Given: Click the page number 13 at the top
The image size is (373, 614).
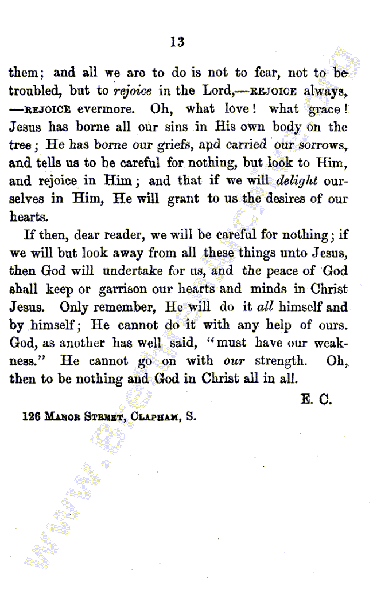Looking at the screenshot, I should tap(177, 42).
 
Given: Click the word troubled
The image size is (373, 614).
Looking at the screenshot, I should tap(35, 90).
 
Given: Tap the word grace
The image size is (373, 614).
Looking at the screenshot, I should tap(325, 108).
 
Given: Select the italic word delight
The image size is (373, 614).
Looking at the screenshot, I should tap(297, 180).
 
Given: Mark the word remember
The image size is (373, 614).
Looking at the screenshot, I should tap(129, 306).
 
